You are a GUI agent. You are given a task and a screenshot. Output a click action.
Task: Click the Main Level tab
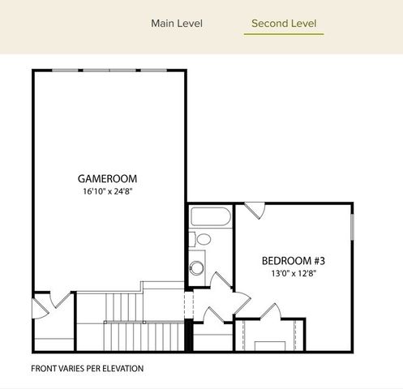[x=177, y=24]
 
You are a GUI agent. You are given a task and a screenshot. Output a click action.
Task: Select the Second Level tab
[x=284, y=24]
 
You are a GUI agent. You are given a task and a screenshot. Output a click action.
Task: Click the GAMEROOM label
[x=107, y=178]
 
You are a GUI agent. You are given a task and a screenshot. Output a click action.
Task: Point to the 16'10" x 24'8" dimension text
[x=107, y=193]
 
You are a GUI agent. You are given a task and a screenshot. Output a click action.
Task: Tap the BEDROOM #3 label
[x=293, y=260]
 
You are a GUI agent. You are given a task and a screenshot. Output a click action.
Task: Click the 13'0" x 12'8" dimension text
[x=293, y=274]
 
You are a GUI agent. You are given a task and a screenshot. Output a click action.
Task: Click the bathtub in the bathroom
[x=210, y=217]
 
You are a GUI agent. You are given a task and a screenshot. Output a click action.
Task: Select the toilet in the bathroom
[x=201, y=240]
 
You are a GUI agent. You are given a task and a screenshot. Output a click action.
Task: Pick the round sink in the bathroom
[x=197, y=268]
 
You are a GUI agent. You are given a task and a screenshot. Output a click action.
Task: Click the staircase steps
[x=146, y=334]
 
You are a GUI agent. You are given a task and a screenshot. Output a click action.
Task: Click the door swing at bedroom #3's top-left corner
[x=255, y=211]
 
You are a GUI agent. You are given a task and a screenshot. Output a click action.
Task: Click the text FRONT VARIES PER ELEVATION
[x=87, y=368]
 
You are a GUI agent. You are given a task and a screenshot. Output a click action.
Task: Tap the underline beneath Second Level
[x=284, y=35]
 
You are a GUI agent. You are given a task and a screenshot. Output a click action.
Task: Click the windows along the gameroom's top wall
[x=109, y=71]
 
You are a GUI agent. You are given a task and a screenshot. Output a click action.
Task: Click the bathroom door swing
[x=220, y=282]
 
